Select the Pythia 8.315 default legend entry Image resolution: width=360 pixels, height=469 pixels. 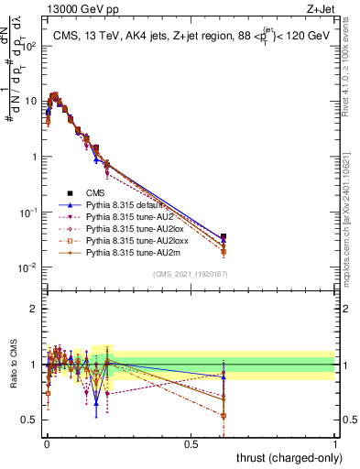(x=126, y=206)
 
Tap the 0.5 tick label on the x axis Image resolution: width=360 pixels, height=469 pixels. (x=191, y=443)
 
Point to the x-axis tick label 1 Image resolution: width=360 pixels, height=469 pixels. (x=335, y=443)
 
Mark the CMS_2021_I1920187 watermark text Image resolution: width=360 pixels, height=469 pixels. (x=191, y=275)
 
